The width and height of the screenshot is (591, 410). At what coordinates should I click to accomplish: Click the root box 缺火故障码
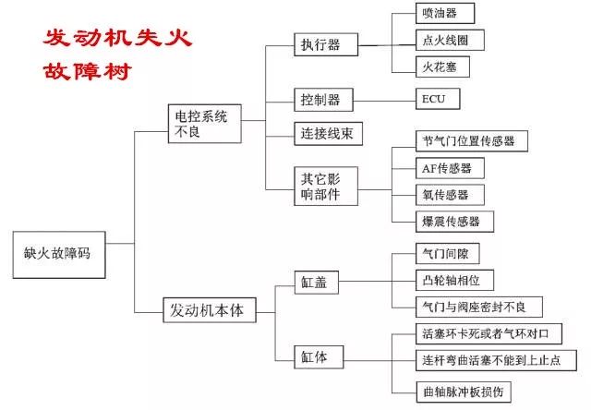[x=59, y=255]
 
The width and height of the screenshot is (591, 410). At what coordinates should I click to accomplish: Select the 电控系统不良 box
[x=205, y=124]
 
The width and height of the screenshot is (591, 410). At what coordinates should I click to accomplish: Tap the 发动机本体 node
[x=210, y=310]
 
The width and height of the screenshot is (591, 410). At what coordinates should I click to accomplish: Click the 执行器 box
[x=326, y=44]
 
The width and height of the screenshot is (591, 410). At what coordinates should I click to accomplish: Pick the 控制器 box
[x=324, y=100]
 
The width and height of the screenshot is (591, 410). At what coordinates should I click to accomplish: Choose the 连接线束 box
[x=329, y=133]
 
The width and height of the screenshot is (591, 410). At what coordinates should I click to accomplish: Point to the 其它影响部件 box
[x=326, y=187]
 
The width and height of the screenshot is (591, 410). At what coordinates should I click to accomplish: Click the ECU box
[x=438, y=99]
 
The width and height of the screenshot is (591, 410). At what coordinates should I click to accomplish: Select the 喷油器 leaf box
[x=445, y=13]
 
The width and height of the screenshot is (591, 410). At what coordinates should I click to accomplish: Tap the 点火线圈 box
[x=450, y=40]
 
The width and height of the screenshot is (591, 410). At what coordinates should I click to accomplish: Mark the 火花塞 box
[x=442, y=66]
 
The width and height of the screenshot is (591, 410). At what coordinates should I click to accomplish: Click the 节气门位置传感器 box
[x=472, y=141]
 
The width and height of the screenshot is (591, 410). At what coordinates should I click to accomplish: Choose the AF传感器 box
[x=450, y=168]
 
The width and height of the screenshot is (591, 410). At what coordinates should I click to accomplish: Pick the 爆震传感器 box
[x=454, y=222]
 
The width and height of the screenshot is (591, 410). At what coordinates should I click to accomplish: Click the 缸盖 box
[x=316, y=283]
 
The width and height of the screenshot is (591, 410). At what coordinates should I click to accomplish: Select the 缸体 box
[x=319, y=356]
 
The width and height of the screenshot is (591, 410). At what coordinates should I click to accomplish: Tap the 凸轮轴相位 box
[x=454, y=280]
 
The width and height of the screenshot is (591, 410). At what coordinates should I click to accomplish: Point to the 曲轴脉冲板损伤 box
[x=464, y=392]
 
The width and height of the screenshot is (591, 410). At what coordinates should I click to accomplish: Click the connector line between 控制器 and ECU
[x=384, y=101]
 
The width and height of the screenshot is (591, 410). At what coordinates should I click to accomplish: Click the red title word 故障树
[x=87, y=72]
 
